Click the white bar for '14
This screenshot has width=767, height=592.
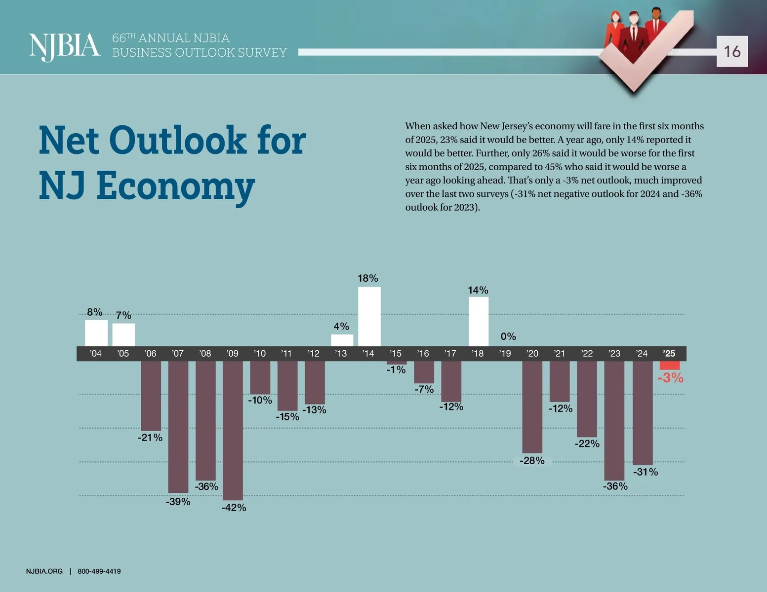coord(369,316)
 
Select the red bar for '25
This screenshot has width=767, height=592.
coord(670,365)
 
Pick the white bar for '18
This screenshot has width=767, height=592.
coord(478,321)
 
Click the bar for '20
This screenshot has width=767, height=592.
coord(532,407)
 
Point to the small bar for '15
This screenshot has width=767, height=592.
coord(396,363)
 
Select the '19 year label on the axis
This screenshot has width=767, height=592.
coord(505,353)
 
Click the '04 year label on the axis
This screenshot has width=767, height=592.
coord(95,353)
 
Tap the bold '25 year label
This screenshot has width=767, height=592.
coord(669,353)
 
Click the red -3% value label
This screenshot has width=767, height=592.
coord(670,378)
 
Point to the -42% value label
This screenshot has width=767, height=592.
coord(234,508)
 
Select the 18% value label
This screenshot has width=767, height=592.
coord(368,278)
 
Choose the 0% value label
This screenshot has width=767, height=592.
coord(508,336)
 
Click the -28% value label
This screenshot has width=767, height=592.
coord(532,461)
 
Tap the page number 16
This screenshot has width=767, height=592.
coord(732,51)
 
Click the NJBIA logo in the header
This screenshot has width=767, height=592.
coord(64,46)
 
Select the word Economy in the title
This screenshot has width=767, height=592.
coord(175,186)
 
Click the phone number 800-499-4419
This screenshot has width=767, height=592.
coord(99,571)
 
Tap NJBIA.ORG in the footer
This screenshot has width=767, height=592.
coord(44,571)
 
